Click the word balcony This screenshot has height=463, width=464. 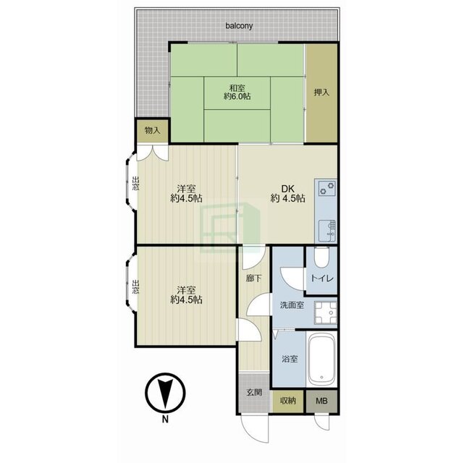click(x=239, y=26)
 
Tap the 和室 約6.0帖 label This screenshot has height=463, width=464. click(x=237, y=92)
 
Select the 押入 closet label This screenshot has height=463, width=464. click(x=321, y=93)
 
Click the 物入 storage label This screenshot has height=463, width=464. click(x=153, y=130)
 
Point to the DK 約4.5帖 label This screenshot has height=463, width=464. click(x=287, y=193)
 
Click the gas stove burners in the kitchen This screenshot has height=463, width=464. click(x=327, y=188)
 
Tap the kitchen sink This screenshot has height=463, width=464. click(x=327, y=230)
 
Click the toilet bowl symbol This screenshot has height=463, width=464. click(x=321, y=257)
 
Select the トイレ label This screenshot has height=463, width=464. click(x=322, y=279)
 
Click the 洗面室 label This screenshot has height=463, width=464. click(x=292, y=305)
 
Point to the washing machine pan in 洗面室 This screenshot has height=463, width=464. click(x=326, y=313)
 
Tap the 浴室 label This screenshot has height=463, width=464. click(x=290, y=359)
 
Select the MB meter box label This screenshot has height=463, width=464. click(x=321, y=401)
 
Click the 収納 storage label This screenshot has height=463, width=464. click(x=288, y=401)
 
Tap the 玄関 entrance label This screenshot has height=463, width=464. click(x=254, y=392)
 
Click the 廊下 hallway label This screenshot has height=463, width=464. click(x=254, y=278)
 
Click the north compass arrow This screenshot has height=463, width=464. click(x=165, y=393)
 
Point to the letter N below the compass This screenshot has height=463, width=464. click(x=165, y=419)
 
